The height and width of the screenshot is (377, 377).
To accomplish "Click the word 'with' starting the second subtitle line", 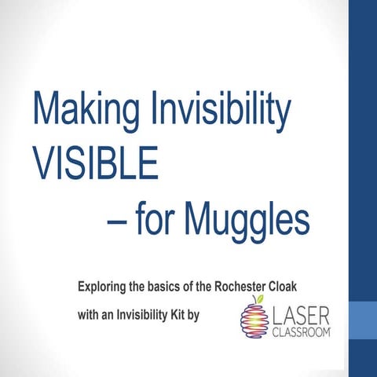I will [90, 317].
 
